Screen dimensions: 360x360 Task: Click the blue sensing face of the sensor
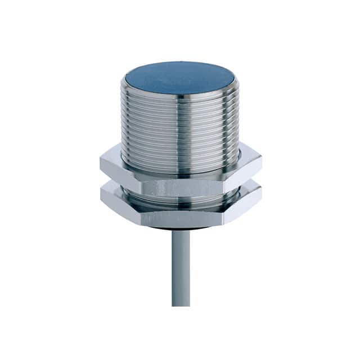(x=180, y=78)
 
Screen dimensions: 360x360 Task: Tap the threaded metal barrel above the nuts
(x=180, y=129)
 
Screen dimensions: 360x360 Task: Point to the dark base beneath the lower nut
(x=180, y=228)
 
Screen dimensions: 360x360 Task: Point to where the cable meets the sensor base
(x=181, y=231)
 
